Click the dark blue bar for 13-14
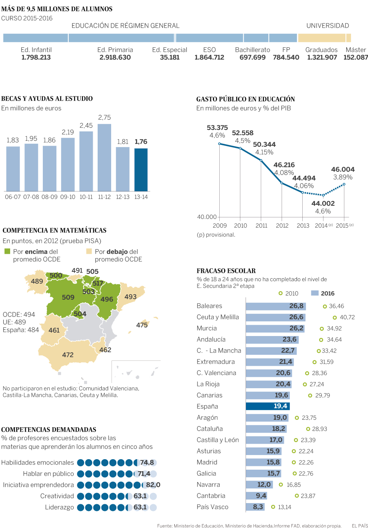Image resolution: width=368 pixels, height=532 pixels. [141, 170]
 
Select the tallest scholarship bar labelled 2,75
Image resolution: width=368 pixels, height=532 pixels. [104, 158]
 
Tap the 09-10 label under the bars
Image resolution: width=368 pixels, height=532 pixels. [68, 197]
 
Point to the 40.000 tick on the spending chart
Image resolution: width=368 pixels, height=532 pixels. [207, 217]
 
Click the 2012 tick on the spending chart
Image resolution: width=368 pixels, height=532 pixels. [282, 225]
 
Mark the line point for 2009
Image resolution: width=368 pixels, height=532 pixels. [220, 144]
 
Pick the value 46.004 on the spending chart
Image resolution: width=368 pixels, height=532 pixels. [342, 169]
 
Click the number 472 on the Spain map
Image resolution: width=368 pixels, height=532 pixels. [68, 355]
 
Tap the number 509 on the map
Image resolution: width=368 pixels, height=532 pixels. [68, 297]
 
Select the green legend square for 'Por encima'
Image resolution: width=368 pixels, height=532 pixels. [7, 251]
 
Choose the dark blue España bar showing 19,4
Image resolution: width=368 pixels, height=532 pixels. [268, 406]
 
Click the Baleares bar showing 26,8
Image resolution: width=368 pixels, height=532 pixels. [276, 306]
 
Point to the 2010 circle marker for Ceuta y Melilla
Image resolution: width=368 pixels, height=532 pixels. [335, 317]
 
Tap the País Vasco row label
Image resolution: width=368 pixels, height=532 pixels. [213, 507]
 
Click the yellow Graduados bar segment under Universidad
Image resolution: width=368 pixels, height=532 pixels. [321, 38]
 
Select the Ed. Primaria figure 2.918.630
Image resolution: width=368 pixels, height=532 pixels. [115, 57]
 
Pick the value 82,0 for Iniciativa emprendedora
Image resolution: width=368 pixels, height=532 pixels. [153, 485]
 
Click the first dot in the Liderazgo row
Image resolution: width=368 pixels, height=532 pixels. [81, 507]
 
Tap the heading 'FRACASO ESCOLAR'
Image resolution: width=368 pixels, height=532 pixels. [226, 271]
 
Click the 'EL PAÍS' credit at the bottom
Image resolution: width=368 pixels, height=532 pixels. [359, 526]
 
